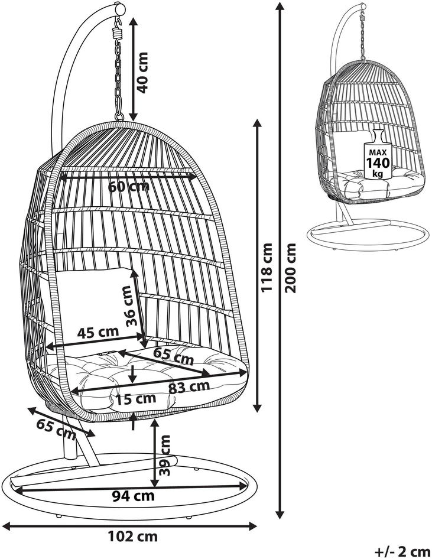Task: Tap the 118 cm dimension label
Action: click(267, 267)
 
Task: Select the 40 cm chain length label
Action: click(142, 73)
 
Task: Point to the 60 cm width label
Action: click(129, 186)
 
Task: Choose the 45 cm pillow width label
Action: click(98, 332)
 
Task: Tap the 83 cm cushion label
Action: click(189, 387)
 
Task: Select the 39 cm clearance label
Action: click(164, 455)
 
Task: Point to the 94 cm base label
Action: click(134, 496)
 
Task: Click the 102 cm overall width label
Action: click(132, 536)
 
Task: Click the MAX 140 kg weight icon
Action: click(378, 155)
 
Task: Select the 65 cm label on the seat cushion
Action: click(173, 356)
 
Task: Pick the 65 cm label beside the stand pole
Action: click(57, 429)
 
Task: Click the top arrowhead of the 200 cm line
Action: click(281, 6)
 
